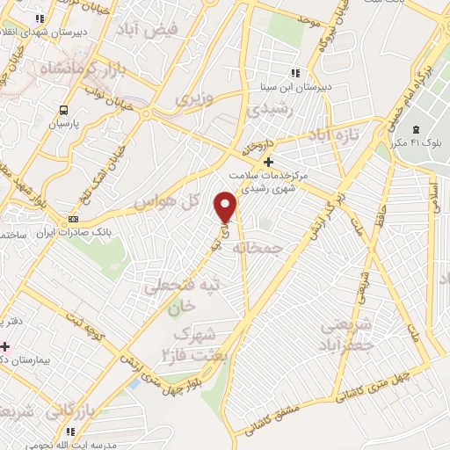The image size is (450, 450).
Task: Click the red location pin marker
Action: (x=227, y=207)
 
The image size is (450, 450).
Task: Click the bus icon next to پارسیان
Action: (x=62, y=110)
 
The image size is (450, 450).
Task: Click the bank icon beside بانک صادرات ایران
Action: (x=73, y=219)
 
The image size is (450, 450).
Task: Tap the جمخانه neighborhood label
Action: (x=260, y=249)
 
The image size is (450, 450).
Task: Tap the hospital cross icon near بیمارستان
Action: (x=4, y=346)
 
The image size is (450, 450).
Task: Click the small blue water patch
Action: (x=134, y=383)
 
